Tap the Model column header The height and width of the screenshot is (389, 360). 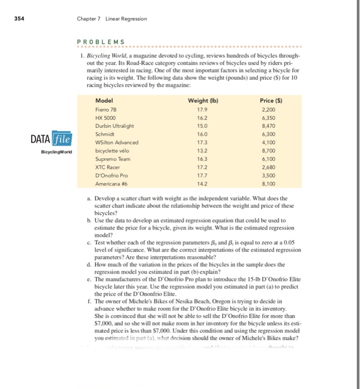[x=104, y=100]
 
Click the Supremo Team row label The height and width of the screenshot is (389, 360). [x=112, y=158]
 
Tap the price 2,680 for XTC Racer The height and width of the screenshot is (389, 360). [x=270, y=166]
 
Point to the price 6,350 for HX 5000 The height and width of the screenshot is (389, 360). [x=270, y=118]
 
